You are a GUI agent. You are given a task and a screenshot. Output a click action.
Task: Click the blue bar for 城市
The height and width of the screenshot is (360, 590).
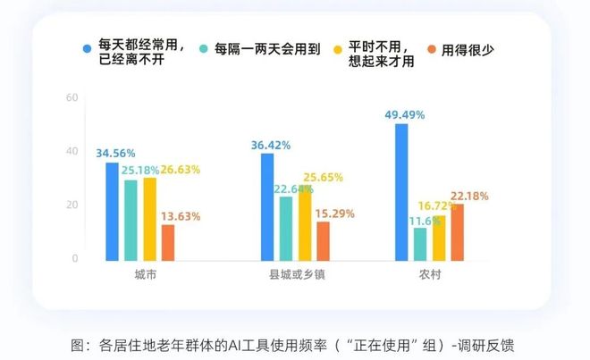[x=112, y=212]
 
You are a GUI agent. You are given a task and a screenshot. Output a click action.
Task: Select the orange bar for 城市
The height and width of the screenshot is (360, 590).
[x=167, y=242]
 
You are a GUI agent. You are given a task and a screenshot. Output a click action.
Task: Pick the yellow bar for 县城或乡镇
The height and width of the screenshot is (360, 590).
[x=305, y=224]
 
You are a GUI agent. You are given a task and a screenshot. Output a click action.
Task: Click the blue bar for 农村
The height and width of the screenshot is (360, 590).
[x=401, y=192]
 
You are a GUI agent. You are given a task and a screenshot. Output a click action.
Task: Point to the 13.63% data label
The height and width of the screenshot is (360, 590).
[x=181, y=216]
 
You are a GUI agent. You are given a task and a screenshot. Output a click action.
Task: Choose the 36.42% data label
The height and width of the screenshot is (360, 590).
[x=270, y=144]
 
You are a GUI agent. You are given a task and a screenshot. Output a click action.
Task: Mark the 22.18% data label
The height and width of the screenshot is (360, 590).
[x=470, y=196]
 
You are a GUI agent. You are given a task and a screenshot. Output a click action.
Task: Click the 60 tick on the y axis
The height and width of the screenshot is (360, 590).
[x=72, y=97]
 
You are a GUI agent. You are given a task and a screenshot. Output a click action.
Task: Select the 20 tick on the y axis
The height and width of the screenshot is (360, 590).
[x=72, y=205]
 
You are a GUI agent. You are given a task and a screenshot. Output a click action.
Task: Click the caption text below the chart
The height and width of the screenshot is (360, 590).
[x=295, y=344]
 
